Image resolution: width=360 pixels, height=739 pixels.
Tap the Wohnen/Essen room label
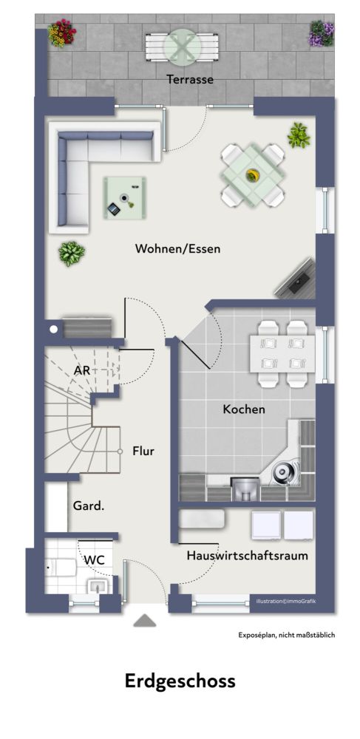(177, 249)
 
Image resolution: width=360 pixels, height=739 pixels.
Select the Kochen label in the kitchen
(244, 409)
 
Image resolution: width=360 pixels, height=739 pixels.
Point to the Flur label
(143, 451)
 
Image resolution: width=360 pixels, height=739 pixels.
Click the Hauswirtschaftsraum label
(247, 556)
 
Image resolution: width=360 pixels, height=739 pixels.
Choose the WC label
(93, 560)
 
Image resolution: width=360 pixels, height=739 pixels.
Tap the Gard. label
(88, 506)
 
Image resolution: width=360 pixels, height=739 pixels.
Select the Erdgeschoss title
(180, 681)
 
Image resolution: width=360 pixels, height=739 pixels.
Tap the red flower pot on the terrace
(62, 33)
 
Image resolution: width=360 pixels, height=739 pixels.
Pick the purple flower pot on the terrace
(321, 33)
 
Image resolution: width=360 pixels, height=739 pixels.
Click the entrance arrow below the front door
(144, 621)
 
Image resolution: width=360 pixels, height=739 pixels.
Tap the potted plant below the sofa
(71, 253)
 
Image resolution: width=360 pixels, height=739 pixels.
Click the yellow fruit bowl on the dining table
(254, 175)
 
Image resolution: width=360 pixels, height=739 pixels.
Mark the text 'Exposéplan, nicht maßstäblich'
(286, 636)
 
